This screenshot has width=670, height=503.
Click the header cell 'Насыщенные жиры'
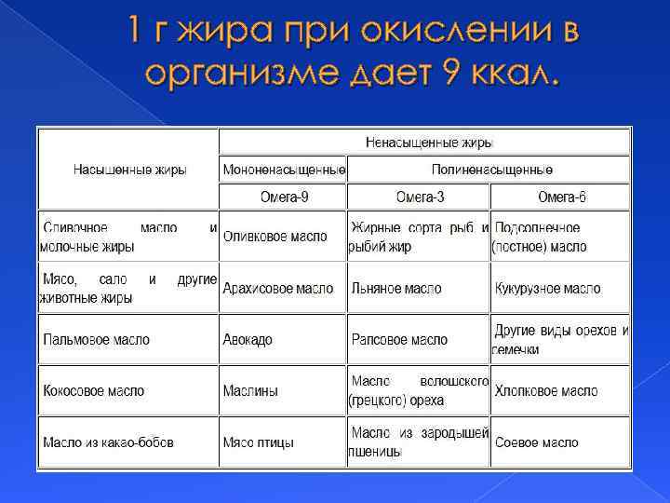tap(130, 170)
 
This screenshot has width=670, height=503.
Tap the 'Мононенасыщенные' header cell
tap(284, 170)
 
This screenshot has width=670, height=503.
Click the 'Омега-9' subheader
tap(284, 197)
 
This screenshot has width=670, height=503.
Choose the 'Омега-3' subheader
tap(420, 197)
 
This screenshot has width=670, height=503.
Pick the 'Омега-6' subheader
tap(562, 197)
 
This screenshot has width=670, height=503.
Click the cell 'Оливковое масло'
tap(275, 238)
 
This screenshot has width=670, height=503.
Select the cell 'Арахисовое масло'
tap(278, 289)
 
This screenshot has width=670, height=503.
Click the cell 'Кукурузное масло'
tap(548, 289)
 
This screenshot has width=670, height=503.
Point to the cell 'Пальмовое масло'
tap(96, 340)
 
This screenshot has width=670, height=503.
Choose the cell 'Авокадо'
tap(248, 340)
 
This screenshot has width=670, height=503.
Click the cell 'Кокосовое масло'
tap(94, 391)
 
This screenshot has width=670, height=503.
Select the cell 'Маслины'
tap(250, 391)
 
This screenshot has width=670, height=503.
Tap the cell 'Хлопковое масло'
tap(546, 391)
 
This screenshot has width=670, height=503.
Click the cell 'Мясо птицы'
tap(259, 442)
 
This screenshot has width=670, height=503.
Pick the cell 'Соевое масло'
tap(537, 442)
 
